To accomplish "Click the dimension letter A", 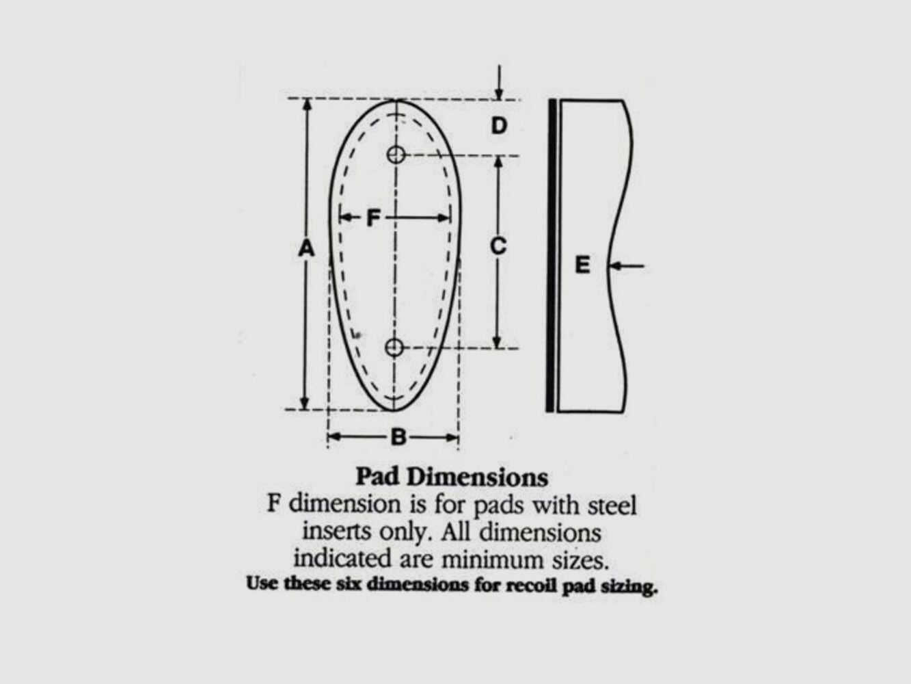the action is click(x=307, y=249).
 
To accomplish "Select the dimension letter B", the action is click(x=399, y=437).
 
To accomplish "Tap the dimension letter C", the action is click(x=498, y=246).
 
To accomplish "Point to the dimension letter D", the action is click(x=499, y=125).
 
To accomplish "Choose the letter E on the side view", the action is click(x=583, y=265).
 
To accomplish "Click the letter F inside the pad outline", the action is click(x=374, y=218).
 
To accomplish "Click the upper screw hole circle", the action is click(x=396, y=155).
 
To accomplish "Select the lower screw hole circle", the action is click(x=394, y=347).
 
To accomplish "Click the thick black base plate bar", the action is click(x=551, y=255).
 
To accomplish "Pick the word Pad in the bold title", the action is click(x=377, y=477).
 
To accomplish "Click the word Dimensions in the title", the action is click(x=477, y=477).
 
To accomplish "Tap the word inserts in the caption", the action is click(x=336, y=531).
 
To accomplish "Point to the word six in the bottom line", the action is click(x=349, y=584).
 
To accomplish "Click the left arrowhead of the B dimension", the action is click(x=334, y=437).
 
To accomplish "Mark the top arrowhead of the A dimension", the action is click(x=307, y=104).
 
